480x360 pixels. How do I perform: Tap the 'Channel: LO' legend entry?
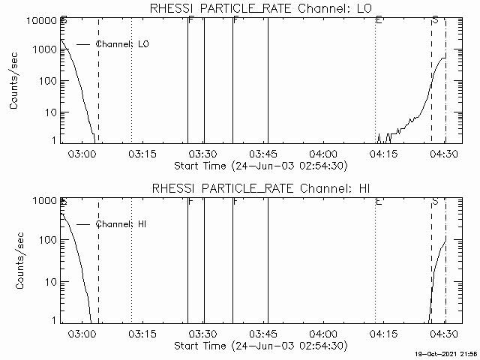point(124,45)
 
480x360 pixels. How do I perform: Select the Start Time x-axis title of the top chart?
point(259,165)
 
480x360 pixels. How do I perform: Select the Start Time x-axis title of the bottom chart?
point(259,345)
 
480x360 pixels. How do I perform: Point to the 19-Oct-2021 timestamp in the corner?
point(446,354)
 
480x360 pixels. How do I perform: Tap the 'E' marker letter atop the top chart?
point(379,19)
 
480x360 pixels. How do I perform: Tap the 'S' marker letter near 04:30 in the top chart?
point(435,19)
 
